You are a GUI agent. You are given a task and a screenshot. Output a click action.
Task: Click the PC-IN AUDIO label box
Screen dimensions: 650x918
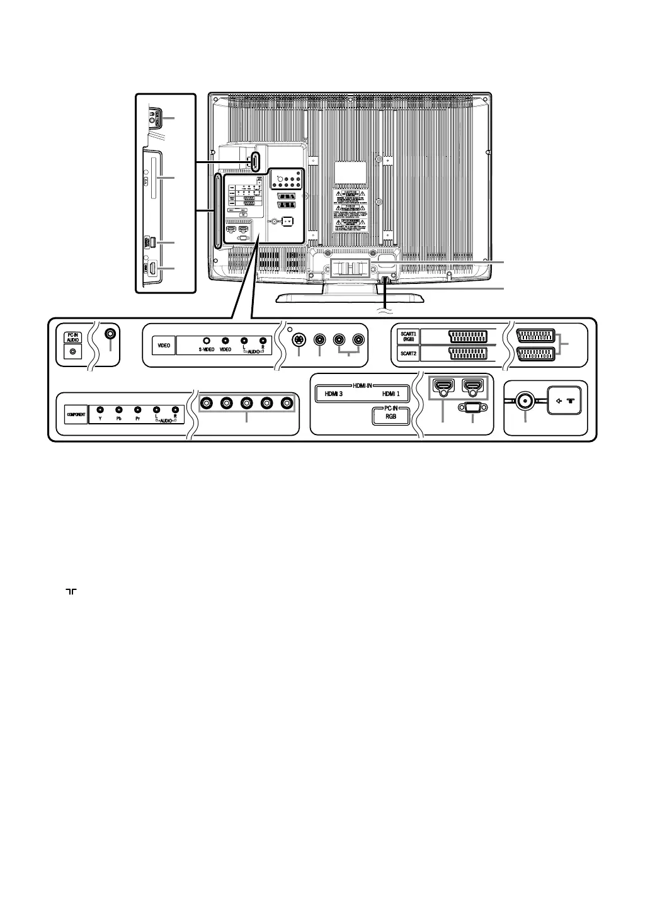(x=72, y=337)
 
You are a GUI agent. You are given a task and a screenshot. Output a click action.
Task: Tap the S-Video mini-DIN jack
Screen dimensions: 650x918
(x=299, y=340)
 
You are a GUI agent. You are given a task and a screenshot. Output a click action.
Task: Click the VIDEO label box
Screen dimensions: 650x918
(x=164, y=346)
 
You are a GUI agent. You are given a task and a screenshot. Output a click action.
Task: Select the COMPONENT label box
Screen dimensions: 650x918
(x=76, y=415)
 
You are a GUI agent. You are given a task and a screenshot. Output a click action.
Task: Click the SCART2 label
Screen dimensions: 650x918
(x=408, y=354)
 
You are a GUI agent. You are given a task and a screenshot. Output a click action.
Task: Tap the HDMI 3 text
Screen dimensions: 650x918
(x=333, y=394)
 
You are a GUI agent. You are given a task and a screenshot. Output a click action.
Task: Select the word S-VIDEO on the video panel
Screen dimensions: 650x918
(x=206, y=349)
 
